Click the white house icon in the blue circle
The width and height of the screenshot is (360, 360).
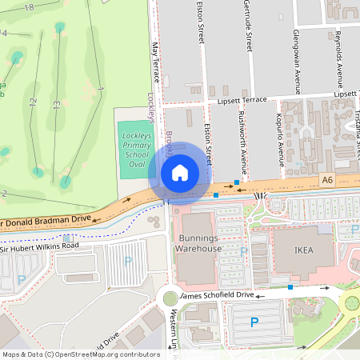tap(180, 172)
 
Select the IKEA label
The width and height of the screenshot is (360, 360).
tap(303, 250)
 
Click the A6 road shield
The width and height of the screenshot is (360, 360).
tap(326, 182)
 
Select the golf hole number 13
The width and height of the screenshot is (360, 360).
tap(57, 104)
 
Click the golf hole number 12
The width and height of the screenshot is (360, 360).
tap(33, 102)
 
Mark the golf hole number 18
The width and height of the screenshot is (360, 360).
tap(29, 6)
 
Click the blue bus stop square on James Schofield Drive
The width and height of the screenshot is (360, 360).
tap(290, 286)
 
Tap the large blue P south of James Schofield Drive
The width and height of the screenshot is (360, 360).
tap(254, 322)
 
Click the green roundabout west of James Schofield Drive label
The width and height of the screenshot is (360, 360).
tap(170, 298)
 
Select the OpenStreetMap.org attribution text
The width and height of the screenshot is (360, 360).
tap(80, 354)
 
